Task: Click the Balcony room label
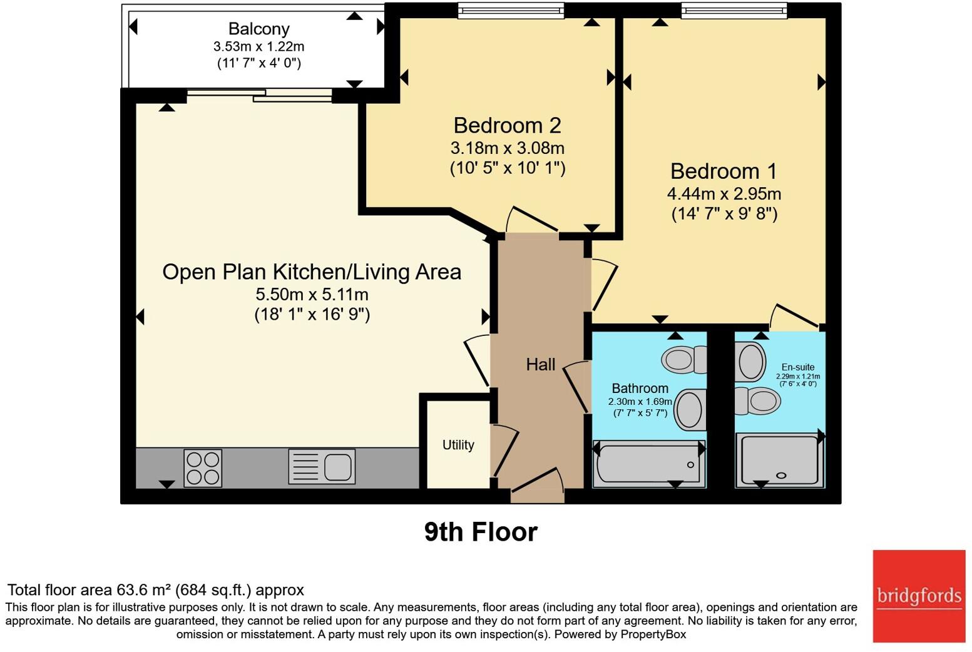point(258,29)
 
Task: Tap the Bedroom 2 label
point(507,126)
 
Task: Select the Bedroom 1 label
point(724,171)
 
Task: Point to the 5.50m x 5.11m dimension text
point(312,295)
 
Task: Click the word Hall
point(540,364)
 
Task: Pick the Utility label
point(458,445)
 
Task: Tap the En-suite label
point(798,367)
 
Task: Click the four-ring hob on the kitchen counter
point(203,468)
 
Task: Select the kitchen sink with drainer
point(322,466)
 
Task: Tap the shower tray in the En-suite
point(780,461)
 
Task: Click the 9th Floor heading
point(481,532)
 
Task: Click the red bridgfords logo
point(919,596)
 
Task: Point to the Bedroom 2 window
point(511,11)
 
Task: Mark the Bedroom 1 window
point(734,11)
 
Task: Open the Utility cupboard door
point(506,451)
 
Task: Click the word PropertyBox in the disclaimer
point(653,634)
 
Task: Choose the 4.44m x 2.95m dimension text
point(724,194)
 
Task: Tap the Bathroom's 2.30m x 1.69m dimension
point(640,402)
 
